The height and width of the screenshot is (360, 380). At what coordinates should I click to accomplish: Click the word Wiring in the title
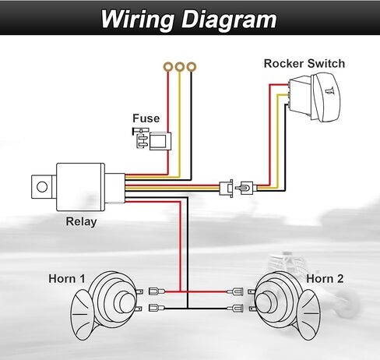pyautogui.click(x=137, y=20)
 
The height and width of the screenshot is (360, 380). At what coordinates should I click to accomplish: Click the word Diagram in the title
pyautogui.click(x=229, y=20)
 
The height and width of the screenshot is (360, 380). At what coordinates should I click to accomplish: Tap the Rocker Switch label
pyautogui.click(x=304, y=64)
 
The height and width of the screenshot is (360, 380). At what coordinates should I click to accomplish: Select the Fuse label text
pyautogui.click(x=146, y=118)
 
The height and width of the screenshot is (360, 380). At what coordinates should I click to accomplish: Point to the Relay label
pyautogui.click(x=81, y=222)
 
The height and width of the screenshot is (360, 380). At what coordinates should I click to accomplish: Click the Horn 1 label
pyautogui.click(x=67, y=279)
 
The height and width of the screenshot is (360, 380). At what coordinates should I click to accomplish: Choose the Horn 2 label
pyautogui.click(x=325, y=279)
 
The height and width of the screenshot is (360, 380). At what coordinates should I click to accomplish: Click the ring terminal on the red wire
pyautogui.click(x=168, y=67)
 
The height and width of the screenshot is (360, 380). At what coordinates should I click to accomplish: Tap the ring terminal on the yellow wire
pyautogui.click(x=180, y=67)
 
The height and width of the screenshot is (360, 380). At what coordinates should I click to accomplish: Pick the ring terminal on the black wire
pyautogui.click(x=192, y=67)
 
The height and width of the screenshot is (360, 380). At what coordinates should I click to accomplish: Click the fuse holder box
pyautogui.click(x=160, y=141)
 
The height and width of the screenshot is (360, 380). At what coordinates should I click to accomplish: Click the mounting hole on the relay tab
pyautogui.click(x=42, y=187)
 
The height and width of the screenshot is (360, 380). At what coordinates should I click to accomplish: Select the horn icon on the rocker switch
pyautogui.click(x=329, y=90)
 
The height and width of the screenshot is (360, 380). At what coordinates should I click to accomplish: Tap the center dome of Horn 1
pyautogui.click(x=125, y=302)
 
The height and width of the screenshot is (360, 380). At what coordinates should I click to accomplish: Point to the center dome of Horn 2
pyautogui.click(x=266, y=302)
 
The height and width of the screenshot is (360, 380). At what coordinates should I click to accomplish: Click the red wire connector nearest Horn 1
pyautogui.click(x=157, y=291)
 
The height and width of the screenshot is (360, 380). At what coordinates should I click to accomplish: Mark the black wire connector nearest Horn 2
pyautogui.click(x=235, y=309)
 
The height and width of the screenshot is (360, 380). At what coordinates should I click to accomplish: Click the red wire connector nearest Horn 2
pyautogui.click(x=235, y=291)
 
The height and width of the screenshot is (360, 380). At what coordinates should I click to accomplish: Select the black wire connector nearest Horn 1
pyautogui.click(x=157, y=309)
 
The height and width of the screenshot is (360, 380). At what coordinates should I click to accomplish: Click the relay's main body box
pyautogui.click(x=80, y=187)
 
